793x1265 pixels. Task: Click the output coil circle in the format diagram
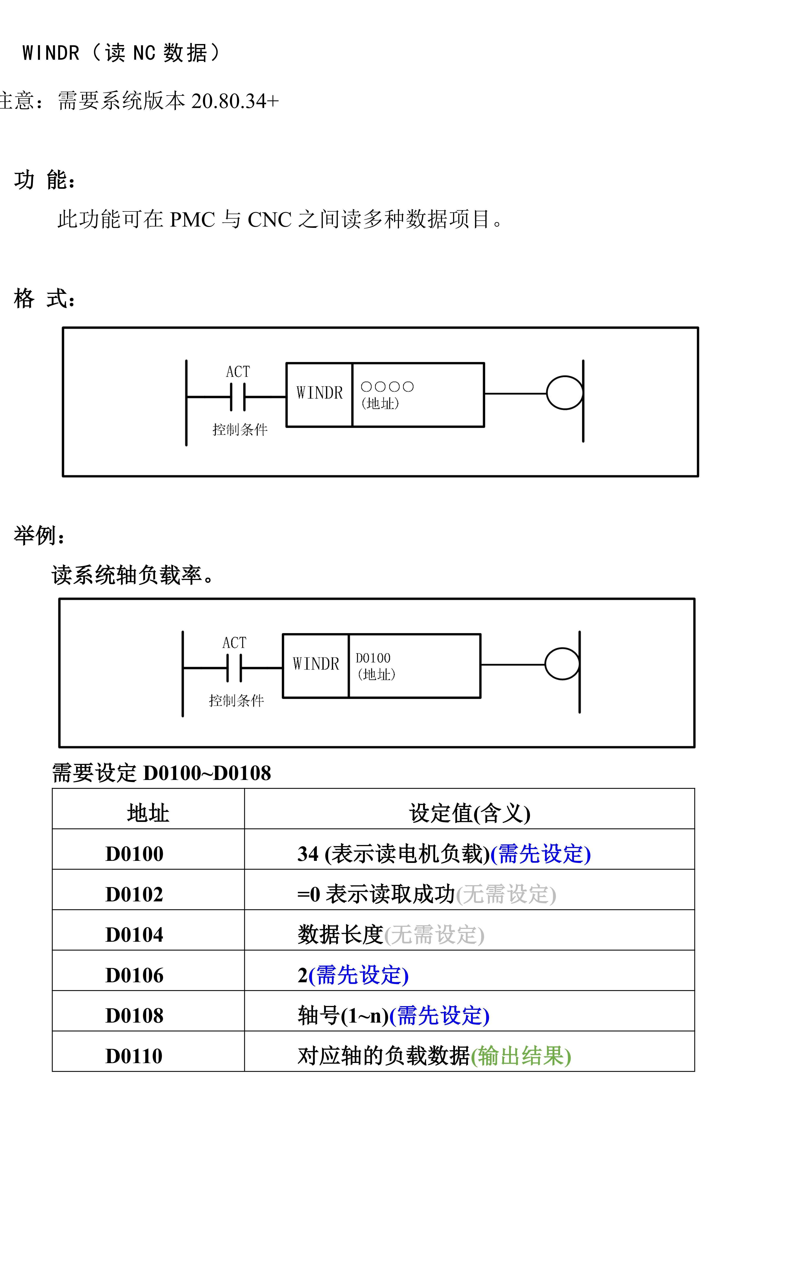[x=564, y=393]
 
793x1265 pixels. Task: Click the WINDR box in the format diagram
[x=319, y=393]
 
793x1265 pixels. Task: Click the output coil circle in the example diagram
[x=562, y=664]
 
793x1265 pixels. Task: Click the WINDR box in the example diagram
[x=316, y=665]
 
